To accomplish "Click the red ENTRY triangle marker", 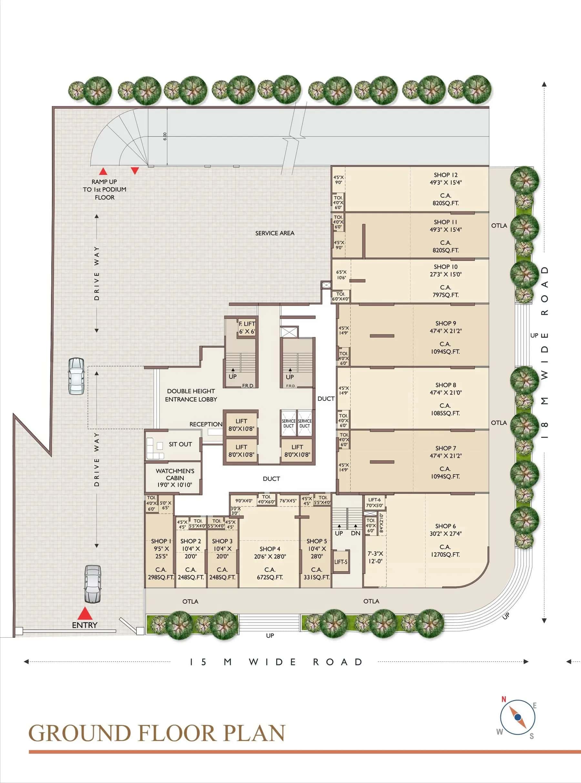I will [x=85, y=613].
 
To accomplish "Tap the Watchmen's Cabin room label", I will [x=175, y=478].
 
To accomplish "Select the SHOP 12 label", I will [x=446, y=175].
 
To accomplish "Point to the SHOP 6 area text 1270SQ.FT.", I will [x=445, y=554].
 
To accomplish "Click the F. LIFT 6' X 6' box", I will [x=247, y=327].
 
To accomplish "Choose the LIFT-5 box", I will [x=341, y=562].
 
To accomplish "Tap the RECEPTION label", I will [x=206, y=424].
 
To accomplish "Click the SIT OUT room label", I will [x=180, y=444].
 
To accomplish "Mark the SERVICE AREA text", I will [x=275, y=233].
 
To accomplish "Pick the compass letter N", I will [x=503, y=699].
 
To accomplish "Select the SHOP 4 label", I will [x=270, y=549].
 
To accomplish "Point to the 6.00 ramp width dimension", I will [x=165, y=137].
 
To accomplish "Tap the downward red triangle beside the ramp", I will [x=135, y=170].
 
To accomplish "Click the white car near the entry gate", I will [x=93, y=584].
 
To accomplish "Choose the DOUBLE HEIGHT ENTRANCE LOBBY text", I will [x=191, y=395].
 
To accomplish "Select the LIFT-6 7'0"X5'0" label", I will [x=374, y=503].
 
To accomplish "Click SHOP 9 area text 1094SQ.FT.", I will [x=445, y=351].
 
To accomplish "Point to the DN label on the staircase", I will [x=356, y=533].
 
